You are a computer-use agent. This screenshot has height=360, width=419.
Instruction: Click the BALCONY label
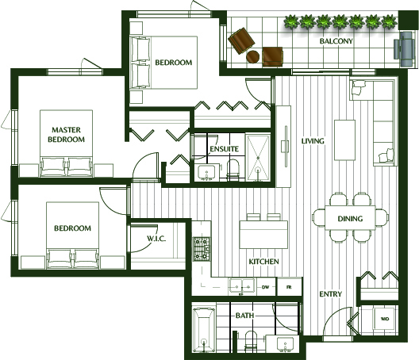pyautogui.click(x=336, y=41)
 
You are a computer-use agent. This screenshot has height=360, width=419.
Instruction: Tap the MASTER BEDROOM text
pyautogui.click(x=67, y=135)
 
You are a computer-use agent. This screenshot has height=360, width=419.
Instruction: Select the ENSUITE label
pyautogui.click(x=224, y=149)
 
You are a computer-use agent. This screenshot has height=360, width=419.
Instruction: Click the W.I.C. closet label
pyautogui.click(x=156, y=238)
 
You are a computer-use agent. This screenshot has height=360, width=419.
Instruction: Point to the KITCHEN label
pyautogui.click(x=263, y=262)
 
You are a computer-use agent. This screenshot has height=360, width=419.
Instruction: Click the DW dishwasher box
pyautogui.click(x=266, y=287)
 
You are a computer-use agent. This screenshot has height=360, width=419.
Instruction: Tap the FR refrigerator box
pyautogui.click(x=289, y=287)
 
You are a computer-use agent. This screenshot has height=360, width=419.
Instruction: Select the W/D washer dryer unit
pyautogui.click(x=384, y=319)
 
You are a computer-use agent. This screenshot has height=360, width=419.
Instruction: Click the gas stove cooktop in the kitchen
pyautogui.click(x=202, y=249)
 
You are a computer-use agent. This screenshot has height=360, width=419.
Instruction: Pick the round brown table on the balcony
pyautogui.click(x=252, y=56)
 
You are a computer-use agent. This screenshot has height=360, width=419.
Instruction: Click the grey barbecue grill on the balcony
pyautogui.click(x=405, y=49)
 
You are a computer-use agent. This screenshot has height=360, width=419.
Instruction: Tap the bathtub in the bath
pyautogui.click(x=204, y=330)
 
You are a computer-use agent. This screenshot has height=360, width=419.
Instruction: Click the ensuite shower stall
pyautogui.click(x=258, y=158)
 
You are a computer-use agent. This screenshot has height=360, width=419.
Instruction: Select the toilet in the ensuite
pyautogui.click(x=233, y=170)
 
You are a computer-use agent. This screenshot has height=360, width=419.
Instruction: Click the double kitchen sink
pyautogui.click(x=242, y=286)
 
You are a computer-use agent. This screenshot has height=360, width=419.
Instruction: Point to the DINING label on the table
pyautogui.click(x=350, y=219)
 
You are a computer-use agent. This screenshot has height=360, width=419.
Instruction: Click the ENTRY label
pyautogui.click(x=331, y=294)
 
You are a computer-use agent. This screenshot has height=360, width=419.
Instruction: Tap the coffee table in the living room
pyautogui.click(x=344, y=140)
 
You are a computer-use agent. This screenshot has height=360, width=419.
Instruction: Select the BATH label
pyautogui.click(x=244, y=316)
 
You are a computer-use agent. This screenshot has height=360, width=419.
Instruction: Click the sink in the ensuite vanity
pyautogui.click(x=206, y=173)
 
